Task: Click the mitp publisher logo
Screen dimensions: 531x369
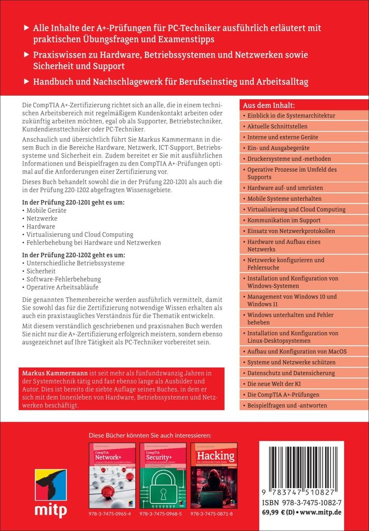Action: point(51,492)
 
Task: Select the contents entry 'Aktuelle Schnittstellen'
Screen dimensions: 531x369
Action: point(278,127)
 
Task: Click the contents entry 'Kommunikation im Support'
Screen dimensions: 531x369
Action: point(283,220)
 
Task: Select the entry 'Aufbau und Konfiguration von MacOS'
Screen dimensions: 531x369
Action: point(297,351)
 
